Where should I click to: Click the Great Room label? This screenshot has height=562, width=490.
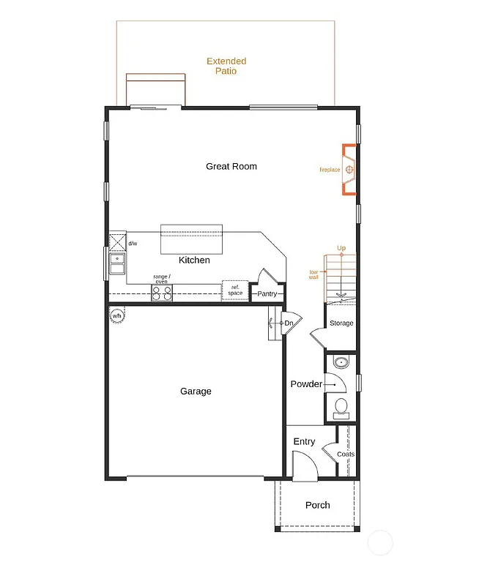point(231,166)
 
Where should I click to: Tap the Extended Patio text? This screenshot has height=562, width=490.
point(226,66)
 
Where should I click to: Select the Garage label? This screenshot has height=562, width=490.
point(196,391)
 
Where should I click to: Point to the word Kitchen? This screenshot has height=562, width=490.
point(194,260)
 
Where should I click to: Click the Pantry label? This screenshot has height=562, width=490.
point(267,294)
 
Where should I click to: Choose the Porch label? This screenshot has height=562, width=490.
point(317,505)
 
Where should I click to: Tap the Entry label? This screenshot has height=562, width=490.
point(304,441)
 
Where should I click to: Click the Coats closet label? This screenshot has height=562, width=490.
point(346,454)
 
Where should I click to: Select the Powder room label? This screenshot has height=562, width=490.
point(306,384)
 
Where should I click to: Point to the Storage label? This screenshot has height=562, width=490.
point(341,323)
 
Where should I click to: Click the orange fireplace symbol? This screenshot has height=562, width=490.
point(351,170)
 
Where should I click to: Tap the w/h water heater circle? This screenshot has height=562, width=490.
point(117,316)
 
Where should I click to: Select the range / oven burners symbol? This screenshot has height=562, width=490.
point(162,293)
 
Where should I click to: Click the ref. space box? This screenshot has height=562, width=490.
point(235,291)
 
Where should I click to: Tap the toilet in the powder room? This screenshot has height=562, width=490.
point(341,406)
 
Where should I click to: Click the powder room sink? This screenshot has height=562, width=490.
point(341,362)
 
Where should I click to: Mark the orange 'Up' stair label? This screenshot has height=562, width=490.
point(341,248)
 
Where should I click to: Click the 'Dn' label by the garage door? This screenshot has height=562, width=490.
point(289,323)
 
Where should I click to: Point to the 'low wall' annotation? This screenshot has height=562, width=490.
point(313,274)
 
